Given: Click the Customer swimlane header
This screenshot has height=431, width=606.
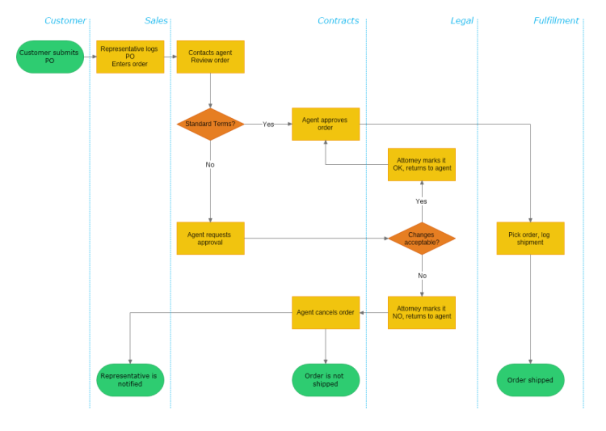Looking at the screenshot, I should click(x=65, y=21).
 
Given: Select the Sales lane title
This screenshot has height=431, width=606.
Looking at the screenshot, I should click(x=156, y=21).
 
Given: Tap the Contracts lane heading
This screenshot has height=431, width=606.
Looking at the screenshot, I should click(x=338, y=21).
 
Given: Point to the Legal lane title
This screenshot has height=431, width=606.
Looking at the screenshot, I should click(x=461, y=21).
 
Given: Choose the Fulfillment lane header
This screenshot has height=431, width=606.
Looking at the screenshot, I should click(x=556, y=21).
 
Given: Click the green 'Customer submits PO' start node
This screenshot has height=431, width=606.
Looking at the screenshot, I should click(x=50, y=57).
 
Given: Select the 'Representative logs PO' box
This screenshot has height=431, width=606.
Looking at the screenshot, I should click(x=130, y=57).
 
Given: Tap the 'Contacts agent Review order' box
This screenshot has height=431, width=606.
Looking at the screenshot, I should click(x=210, y=57).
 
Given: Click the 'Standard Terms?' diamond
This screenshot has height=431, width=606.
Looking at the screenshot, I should click(x=210, y=124).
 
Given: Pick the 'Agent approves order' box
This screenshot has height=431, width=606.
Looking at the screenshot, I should click(x=325, y=124).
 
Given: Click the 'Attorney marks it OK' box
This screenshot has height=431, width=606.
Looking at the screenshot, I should click(x=421, y=164).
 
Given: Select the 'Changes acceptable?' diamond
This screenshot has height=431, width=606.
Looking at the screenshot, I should click(x=421, y=238).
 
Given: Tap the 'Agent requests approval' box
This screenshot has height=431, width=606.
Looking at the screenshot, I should click(x=210, y=238).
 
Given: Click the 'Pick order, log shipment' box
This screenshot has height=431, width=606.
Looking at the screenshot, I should click(x=530, y=238).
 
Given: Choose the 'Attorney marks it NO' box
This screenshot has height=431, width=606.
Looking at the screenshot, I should click(x=421, y=312).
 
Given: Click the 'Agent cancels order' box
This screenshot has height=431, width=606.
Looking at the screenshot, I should click(x=325, y=312).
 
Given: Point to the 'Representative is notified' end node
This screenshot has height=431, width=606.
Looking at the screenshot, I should click(x=130, y=380).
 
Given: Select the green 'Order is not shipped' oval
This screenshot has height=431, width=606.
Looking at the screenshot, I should click(x=325, y=380).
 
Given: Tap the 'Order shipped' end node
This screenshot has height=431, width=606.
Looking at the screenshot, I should click(x=530, y=380).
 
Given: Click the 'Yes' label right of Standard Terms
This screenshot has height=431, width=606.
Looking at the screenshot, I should click(x=268, y=124).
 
